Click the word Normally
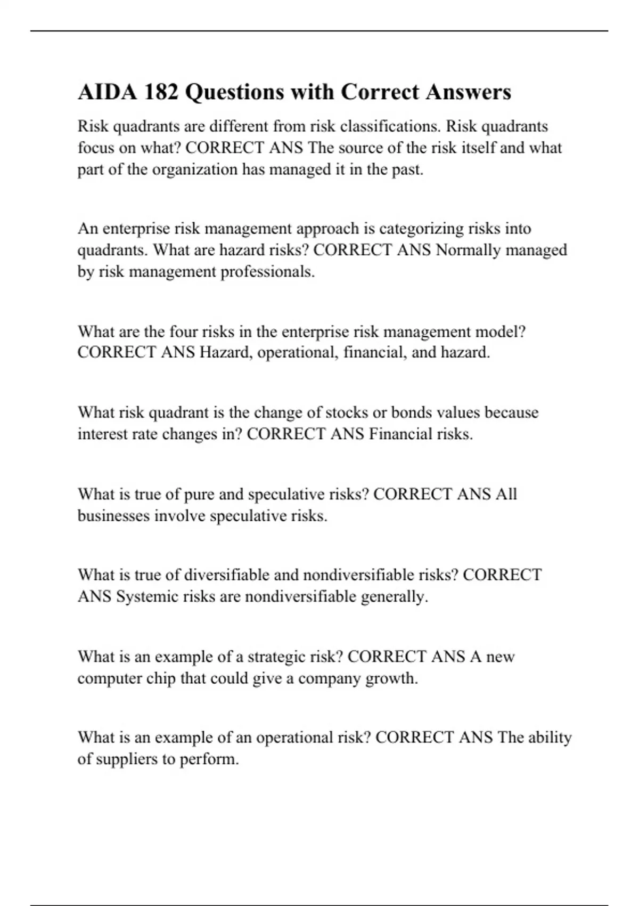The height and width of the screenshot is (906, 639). pyautogui.click(x=468, y=250)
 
